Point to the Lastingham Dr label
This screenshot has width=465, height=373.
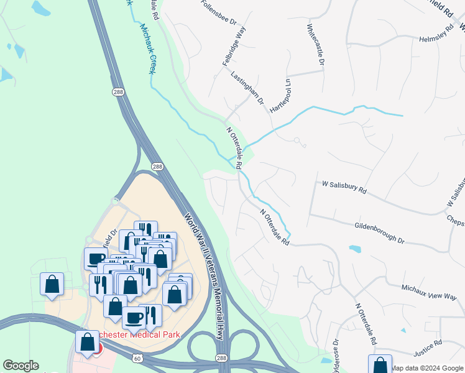click(x=247, y=88)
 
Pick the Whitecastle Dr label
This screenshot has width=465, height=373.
click(x=315, y=45)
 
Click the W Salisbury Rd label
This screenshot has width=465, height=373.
click(x=344, y=187)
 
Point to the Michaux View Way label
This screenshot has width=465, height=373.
click(x=428, y=293)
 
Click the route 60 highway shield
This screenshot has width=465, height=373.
click(x=137, y=358)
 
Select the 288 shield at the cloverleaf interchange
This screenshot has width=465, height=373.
click(x=222, y=358)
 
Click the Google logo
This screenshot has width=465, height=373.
click(x=21, y=366)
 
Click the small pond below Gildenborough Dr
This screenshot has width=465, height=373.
click(x=355, y=249)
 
